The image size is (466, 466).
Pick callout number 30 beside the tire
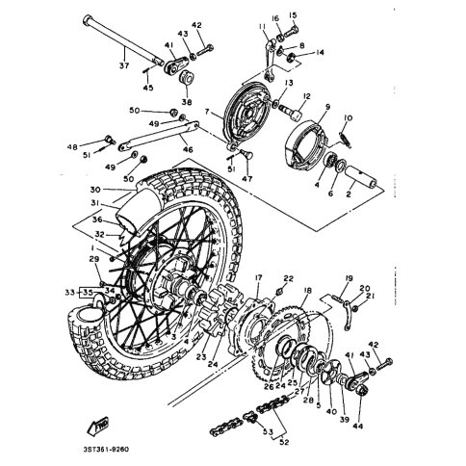(x=95, y=189)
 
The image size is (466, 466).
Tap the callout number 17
(x=258, y=279)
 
